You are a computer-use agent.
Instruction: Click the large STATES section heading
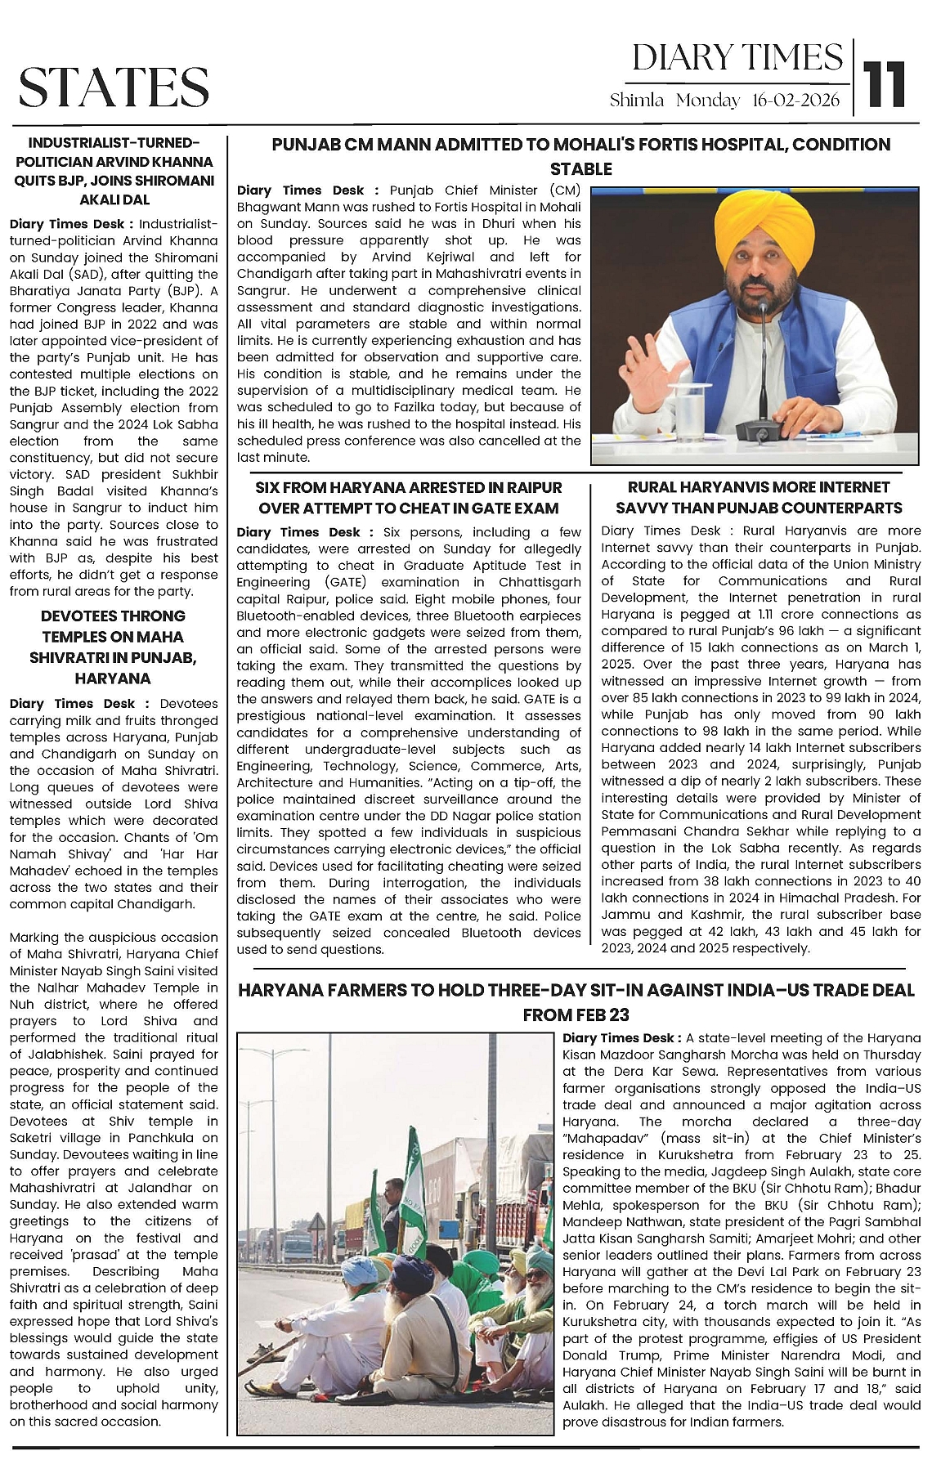pos(114,87)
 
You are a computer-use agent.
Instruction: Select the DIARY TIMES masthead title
pos(737,57)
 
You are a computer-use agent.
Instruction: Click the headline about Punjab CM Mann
pos(580,156)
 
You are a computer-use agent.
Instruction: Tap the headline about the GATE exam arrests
pos(409,497)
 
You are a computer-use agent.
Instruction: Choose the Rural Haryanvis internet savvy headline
pos(759,497)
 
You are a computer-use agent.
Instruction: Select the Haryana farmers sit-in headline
pos(576,1002)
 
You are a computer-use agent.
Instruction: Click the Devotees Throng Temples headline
pos(113,647)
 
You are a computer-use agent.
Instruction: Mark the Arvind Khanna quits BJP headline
pos(114,170)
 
